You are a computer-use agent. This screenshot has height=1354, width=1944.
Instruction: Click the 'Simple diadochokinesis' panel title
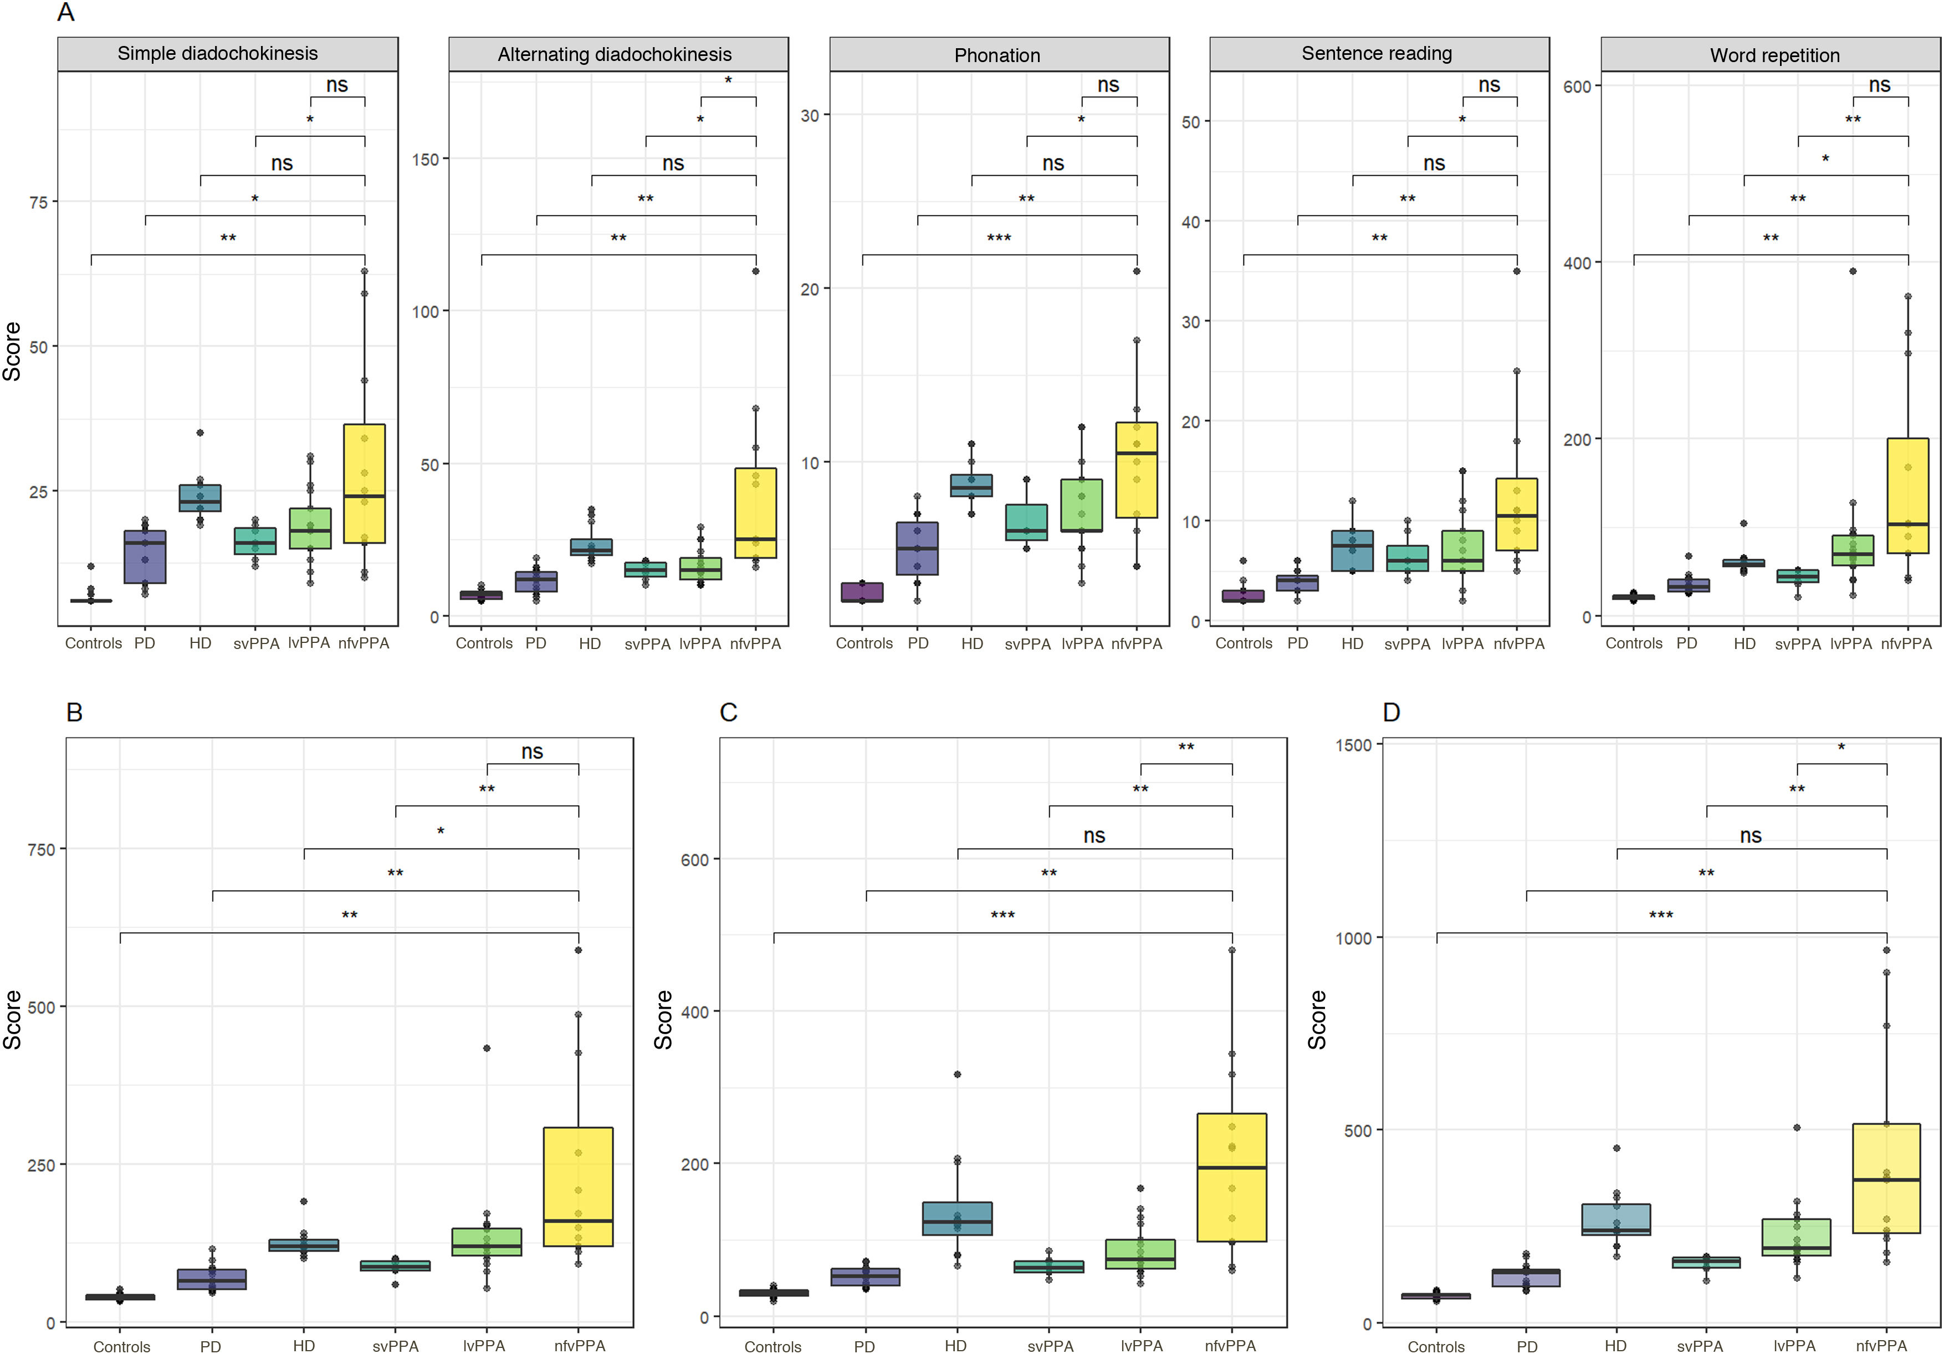click(218, 53)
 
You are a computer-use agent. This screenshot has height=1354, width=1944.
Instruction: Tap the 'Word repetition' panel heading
click(1774, 55)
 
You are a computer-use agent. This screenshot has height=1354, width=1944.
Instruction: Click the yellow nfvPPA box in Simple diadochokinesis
click(364, 483)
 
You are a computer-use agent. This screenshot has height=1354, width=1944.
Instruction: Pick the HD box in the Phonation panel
click(971, 485)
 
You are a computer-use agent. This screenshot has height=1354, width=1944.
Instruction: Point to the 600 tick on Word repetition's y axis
click(1579, 86)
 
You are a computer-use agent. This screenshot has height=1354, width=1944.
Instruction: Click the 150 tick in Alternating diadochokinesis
click(425, 159)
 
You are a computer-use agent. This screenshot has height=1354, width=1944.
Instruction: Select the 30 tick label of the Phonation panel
click(810, 115)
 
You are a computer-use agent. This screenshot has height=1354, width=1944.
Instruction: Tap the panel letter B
click(74, 712)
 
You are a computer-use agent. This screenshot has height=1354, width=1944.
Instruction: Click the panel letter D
click(1390, 712)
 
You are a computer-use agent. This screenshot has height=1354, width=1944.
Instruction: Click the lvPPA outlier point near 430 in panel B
click(487, 1048)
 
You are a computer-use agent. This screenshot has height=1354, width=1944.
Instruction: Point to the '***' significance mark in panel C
click(1002, 916)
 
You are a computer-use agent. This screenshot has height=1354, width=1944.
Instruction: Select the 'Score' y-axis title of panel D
click(1317, 1020)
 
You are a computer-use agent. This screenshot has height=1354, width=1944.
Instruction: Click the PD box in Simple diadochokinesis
click(145, 556)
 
